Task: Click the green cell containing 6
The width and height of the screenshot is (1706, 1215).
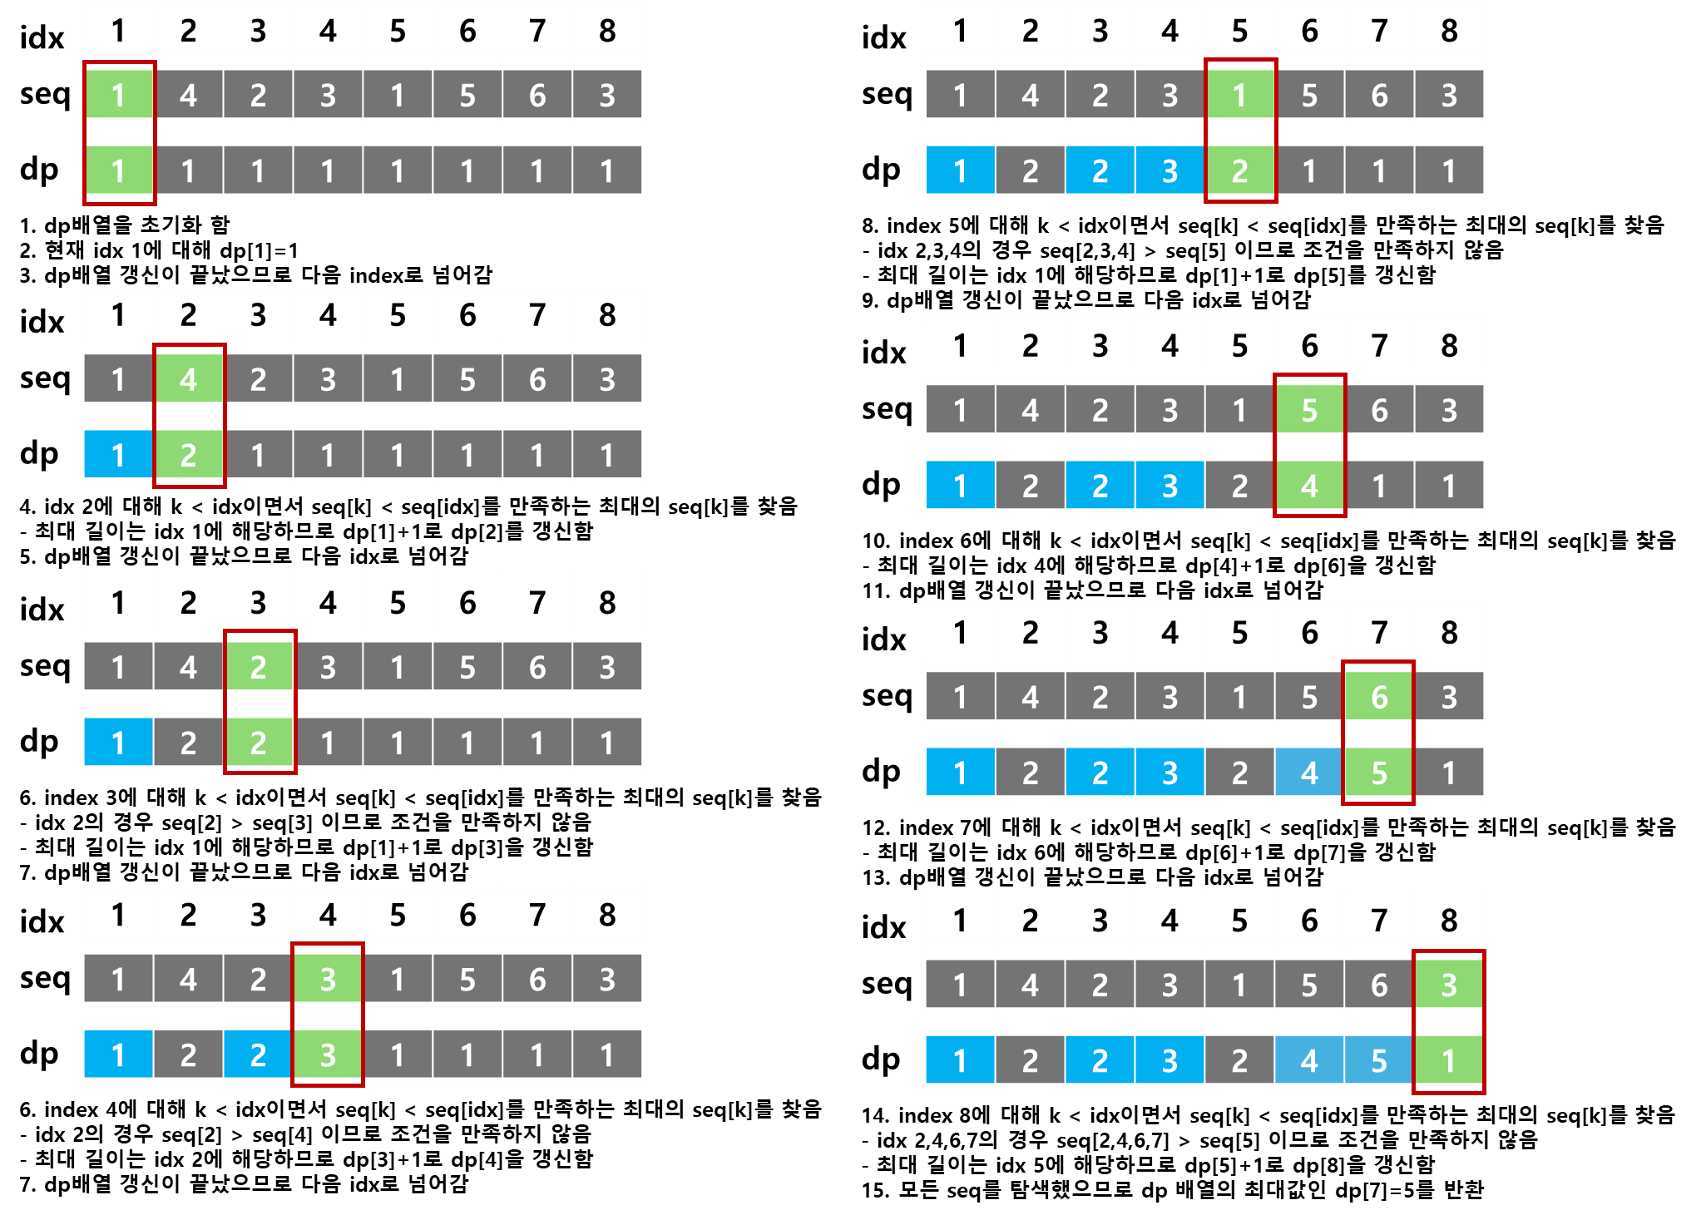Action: (x=1378, y=697)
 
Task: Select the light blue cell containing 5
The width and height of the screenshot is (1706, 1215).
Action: (x=1378, y=1060)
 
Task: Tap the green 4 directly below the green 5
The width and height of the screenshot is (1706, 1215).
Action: (x=1308, y=486)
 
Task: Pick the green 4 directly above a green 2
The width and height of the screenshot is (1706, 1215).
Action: (x=189, y=379)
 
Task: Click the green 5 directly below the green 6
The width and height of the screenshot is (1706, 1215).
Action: (x=1378, y=773)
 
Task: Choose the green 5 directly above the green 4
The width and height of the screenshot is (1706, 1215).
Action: (x=1308, y=410)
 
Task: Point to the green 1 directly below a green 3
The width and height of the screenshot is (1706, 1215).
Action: (x=1448, y=1060)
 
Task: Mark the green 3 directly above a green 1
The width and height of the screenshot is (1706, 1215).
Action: (x=1448, y=985)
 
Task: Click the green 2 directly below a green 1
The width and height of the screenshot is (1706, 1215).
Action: (x=1239, y=170)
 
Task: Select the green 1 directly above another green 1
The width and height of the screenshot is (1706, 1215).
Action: (x=119, y=95)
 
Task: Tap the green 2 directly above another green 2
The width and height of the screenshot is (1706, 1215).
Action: (x=259, y=667)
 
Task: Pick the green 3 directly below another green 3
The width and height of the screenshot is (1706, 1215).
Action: (x=328, y=1054)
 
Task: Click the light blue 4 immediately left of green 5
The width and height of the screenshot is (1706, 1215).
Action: (x=1308, y=773)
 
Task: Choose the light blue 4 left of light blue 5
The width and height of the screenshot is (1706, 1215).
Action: (x=1308, y=1060)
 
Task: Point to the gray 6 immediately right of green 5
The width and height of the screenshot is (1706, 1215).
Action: (x=1378, y=410)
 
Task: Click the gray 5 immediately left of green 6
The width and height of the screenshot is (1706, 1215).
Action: (x=1308, y=697)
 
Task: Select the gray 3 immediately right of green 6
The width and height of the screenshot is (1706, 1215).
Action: (x=1448, y=697)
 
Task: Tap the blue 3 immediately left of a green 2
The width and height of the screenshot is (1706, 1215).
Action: (x=1169, y=170)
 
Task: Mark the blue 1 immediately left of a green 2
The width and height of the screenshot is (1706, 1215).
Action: (x=119, y=455)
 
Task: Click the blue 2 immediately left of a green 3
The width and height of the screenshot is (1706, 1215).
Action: (x=259, y=1054)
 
